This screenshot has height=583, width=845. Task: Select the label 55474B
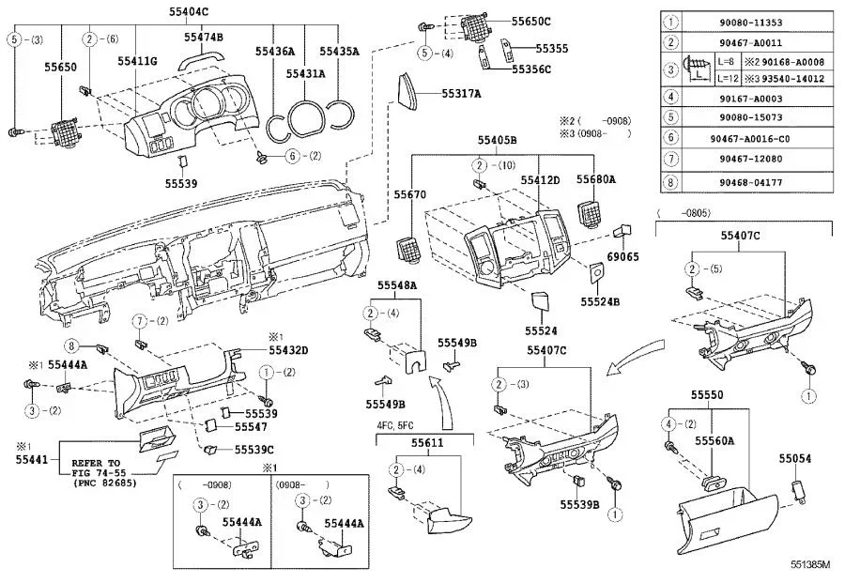point(203,37)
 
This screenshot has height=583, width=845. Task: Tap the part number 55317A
point(462,93)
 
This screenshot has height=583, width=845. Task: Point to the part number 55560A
point(714,440)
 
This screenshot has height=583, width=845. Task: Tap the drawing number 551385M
point(810,565)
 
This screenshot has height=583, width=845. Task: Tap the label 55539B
point(579,504)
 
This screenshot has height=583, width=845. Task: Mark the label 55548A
point(397,284)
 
